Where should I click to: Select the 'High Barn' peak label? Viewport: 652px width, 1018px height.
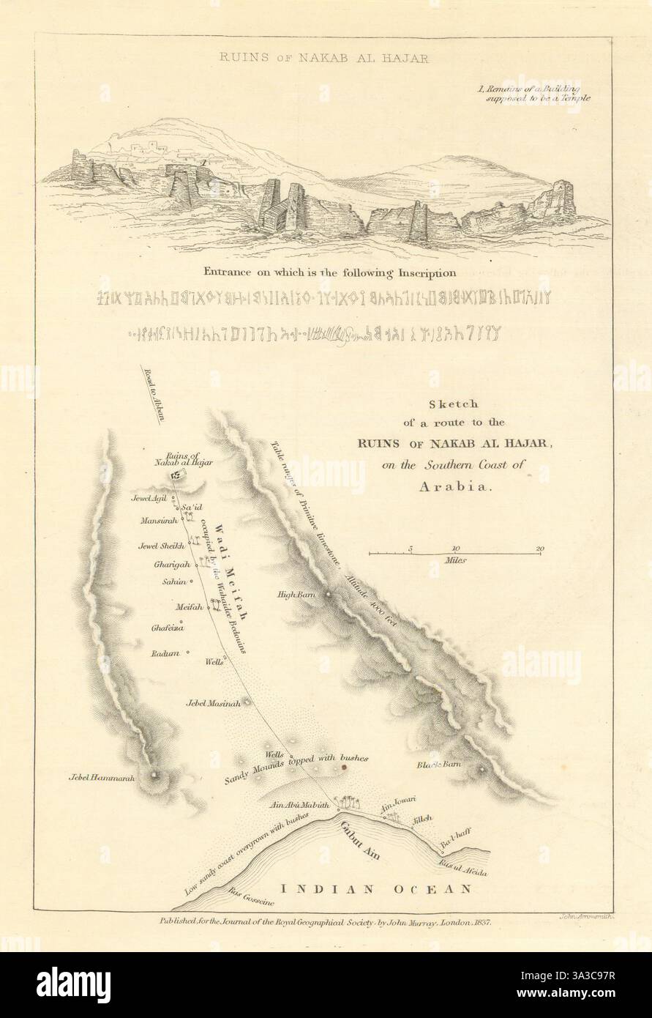(296, 595)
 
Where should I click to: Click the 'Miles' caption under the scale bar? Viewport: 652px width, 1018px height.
(455, 559)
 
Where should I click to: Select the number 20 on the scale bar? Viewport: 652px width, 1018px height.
(540, 548)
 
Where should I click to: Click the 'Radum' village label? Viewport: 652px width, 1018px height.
(165, 653)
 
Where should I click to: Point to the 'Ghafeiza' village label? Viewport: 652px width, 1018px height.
(167, 628)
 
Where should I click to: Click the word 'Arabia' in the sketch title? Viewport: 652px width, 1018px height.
(445, 486)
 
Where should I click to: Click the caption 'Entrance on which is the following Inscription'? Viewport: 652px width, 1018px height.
(327, 272)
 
